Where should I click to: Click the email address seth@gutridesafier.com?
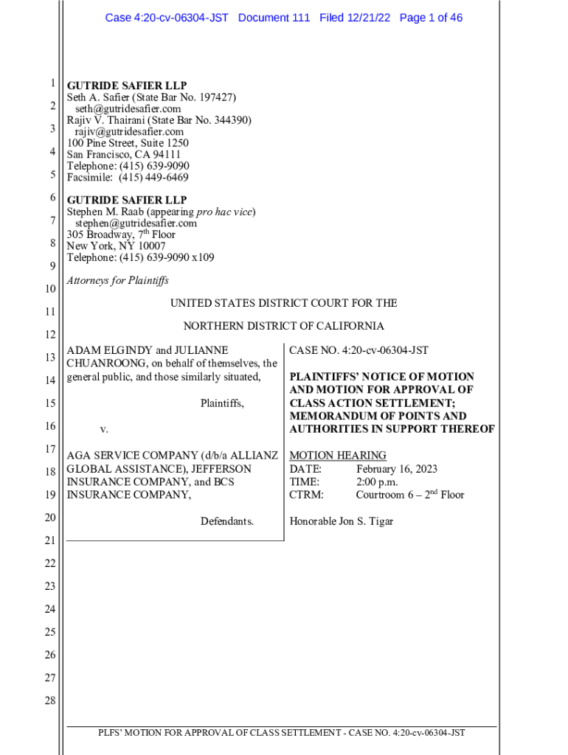(128, 109)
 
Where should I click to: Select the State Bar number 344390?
(230, 120)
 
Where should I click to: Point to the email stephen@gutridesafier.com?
(136, 223)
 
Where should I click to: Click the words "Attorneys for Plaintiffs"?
(118, 280)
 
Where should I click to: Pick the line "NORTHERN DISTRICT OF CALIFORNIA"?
(283, 326)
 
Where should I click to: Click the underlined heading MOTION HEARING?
(338, 456)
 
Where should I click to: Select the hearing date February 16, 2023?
(397, 469)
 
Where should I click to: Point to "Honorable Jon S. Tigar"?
(341, 521)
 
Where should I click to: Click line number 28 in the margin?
(50, 700)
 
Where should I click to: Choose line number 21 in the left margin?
(50, 541)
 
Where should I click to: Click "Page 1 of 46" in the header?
(431, 18)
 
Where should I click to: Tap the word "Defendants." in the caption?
(227, 521)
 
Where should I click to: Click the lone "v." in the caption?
(104, 429)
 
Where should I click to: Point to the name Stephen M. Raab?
(105, 212)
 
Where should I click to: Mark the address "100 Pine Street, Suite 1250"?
(128, 143)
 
